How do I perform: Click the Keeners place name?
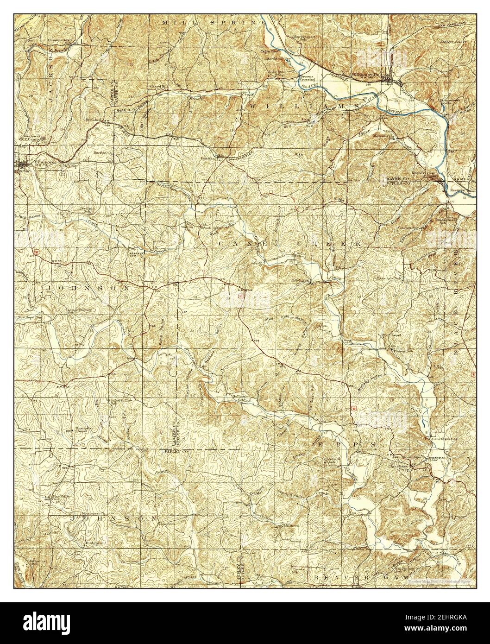point(459,189)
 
